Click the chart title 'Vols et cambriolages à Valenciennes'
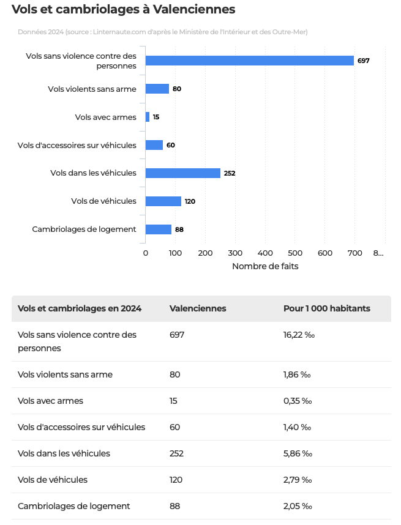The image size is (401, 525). (123, 10)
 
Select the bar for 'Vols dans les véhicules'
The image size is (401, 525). (182, 173)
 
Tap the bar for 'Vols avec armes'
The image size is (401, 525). (148, 117)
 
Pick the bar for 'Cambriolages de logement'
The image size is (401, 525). (159, 229)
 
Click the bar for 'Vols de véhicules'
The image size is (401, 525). (163, 201)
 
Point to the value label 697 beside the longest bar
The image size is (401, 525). (363, 61)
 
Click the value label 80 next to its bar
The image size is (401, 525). (177, 89)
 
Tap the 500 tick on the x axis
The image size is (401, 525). (295, 253)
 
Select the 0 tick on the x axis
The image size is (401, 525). (146, 253)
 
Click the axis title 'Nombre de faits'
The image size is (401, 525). (265, 267)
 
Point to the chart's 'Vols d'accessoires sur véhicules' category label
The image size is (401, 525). (77, 145)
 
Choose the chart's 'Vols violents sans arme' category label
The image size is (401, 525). (92, 89)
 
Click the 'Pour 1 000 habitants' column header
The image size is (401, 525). (327, 308)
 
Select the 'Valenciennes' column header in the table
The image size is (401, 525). (198, 308)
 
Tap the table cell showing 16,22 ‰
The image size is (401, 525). (299, 335)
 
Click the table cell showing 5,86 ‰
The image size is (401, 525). (298, 453)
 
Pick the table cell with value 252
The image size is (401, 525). (176, 453)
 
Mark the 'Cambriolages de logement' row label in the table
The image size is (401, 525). (74, 506)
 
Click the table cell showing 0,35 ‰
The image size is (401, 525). (298, 401)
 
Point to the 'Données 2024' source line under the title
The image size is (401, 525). (162, 32)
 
